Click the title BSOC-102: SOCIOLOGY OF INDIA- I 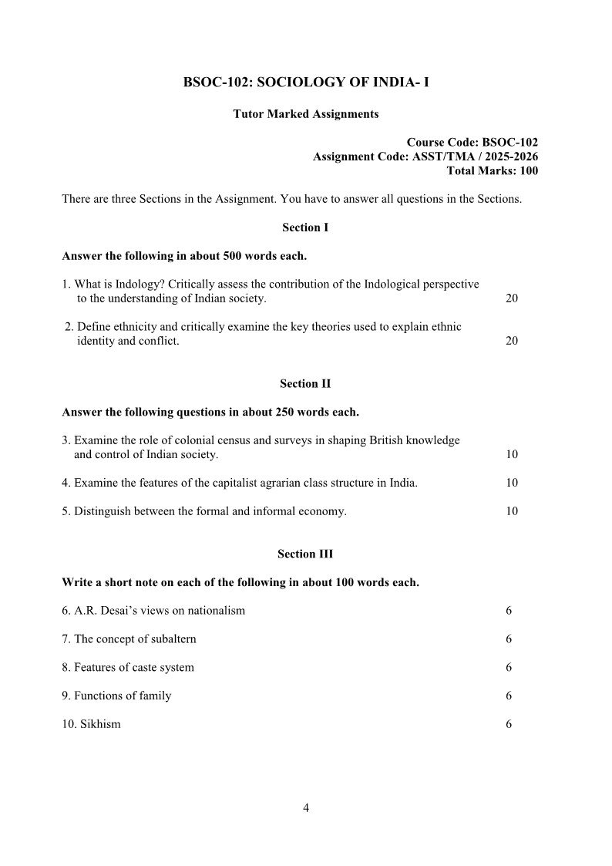coord(306,81)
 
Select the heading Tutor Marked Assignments coord(306,114)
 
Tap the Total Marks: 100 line coord(492,170)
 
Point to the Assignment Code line coord(425,157)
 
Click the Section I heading coord(306,227)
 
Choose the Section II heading coord(306,383)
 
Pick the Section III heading coord(306,554)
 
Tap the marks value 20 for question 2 coord(512,341)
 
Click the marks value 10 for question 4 coord(512,483)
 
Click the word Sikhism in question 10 coord(100,724)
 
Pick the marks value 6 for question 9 coord(509,696)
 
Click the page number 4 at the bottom coord(306,808)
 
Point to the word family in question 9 coord(155,696)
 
